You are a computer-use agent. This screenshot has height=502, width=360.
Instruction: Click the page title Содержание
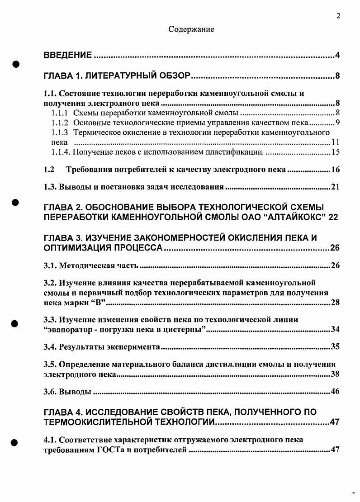pos(191,29)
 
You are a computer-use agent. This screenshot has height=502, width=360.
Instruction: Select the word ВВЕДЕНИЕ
pos(68,56)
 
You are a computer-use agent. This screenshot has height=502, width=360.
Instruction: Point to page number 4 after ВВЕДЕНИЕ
pos(337,56)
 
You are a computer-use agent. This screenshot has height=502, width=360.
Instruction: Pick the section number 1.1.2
pos(60,123)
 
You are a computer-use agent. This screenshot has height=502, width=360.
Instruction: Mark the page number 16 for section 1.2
pos(335,170)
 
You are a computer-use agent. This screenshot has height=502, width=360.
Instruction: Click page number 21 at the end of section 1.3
pos(335,187)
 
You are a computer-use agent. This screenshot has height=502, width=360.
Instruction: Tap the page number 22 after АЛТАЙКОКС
pos(333,218)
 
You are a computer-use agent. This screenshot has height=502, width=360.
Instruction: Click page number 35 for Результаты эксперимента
pos(335,347)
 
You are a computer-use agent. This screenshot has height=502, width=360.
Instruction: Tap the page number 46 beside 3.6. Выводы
pos(335,392)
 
